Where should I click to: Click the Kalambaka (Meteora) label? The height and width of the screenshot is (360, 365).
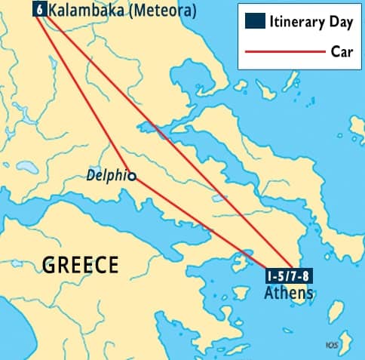tap(121, 11)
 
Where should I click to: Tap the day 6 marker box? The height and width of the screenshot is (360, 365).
tap(38, 10)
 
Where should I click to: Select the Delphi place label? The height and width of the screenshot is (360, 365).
tap(106, 175)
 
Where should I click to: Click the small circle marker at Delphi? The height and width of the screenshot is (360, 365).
tap(132, 177)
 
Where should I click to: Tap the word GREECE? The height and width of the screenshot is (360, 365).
tap(80, 265)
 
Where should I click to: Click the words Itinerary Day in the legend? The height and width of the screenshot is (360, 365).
tap(311, 22)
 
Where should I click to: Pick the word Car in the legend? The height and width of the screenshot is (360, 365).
tap(342, 51)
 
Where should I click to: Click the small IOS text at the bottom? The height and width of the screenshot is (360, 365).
tap(331, 346)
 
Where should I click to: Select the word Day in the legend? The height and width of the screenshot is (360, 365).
tap(339, 22)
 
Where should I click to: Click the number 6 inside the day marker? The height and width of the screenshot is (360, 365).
tap(38, 10)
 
